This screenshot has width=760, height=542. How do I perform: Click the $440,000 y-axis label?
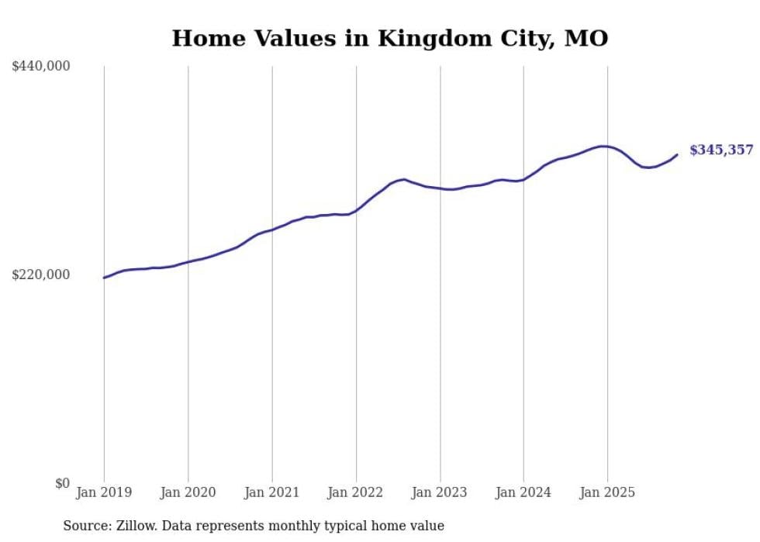(x=41, y=67)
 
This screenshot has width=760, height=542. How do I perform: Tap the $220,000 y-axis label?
(x=41, y=274)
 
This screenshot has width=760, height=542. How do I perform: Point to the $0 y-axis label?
(x=62, y=483)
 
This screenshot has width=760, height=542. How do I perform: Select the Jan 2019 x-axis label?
(x=104, y=492)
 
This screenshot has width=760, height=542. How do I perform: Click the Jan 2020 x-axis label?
(x=188, y=492)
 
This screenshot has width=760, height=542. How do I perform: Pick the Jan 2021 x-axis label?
(x=271, y=492)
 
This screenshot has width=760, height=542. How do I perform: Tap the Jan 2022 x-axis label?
(x=356, y=492)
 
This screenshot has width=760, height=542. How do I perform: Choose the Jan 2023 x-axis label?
(x=440, y=492)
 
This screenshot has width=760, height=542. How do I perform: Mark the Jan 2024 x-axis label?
(x=523, y=492)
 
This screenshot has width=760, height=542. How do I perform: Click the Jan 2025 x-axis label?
(x=607, y=492)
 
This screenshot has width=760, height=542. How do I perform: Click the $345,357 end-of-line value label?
(x=721, y=150)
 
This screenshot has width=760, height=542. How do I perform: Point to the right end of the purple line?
(x=677, y=155)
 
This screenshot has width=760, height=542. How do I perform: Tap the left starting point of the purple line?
(x=104, y=278)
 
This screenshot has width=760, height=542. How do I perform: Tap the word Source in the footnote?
(x=84, y=526)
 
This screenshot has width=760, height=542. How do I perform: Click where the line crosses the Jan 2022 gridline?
(x=356, y=210)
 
